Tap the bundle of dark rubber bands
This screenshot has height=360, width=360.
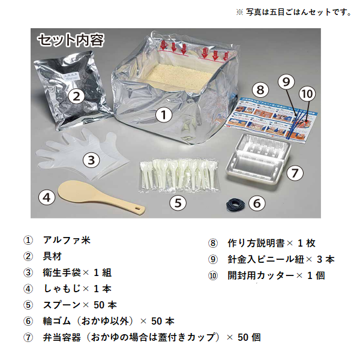click(x=235, y=204)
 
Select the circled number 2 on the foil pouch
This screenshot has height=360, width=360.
click(x=77, y=97)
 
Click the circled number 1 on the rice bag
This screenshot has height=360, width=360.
click(x=164, y=115)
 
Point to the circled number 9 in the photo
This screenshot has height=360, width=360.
click(x=286, y=82)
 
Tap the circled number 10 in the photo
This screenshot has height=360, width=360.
click(x=307, y=94)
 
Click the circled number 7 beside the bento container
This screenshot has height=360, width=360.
click(x=295, y=173)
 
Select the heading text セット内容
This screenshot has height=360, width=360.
click(x=71, y=40)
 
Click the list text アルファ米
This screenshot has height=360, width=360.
click(x=67, y=240)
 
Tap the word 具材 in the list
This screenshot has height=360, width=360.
click(x=52, y=256)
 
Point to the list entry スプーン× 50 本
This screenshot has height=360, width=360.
click(x=80, y=305)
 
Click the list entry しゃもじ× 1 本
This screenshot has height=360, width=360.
click(x=77, y=289)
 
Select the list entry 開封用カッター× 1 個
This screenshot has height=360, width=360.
click(x=276, y=275)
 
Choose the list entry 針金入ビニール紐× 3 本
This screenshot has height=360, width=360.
click(x=281, y=259)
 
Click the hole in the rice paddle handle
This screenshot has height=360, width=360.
click(x=138, y=208)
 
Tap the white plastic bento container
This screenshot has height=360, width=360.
click(x=257, y=160)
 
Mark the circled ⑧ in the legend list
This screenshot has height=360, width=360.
click(x=213, y=243)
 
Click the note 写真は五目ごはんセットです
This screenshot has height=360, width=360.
click(x=298, y=12)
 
